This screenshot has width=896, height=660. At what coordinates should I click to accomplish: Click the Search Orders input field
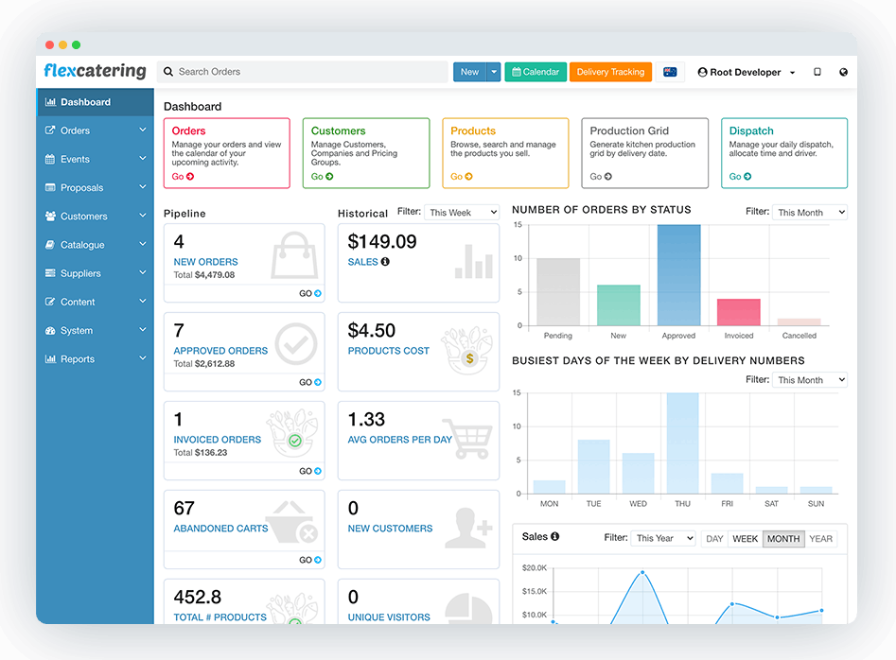(x=302, y=72)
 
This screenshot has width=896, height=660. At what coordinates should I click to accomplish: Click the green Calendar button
(x=536, y=72)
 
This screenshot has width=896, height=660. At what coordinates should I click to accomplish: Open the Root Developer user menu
(x=747, y=73)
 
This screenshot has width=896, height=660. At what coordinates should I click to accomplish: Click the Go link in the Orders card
(x=183, y=177)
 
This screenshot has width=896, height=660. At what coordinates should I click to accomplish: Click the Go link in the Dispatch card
(x=740, y=177)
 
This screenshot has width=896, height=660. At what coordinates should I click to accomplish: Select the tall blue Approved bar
(x=678, y=275)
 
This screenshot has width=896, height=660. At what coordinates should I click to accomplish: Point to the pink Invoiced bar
(x=739, y=312)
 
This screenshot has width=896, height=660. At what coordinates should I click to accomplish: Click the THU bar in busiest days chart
(x=682, y=443)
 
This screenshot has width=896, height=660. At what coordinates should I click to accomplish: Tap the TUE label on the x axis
(x=594, y=504)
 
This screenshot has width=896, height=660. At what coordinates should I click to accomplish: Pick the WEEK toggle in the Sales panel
(x=746, y=539)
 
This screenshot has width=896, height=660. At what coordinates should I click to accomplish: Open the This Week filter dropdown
(x=462, y=213)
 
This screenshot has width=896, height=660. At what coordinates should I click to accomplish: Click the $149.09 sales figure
(x=382, y=241)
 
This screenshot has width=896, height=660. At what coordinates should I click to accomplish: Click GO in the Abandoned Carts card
(x=310, y=560)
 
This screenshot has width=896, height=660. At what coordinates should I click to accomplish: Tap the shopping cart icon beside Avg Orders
(x=467, y=439)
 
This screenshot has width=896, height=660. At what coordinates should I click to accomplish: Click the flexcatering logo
(x=95, y=71)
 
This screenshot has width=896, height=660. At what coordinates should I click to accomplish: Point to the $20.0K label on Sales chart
(x=535, y=568)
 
